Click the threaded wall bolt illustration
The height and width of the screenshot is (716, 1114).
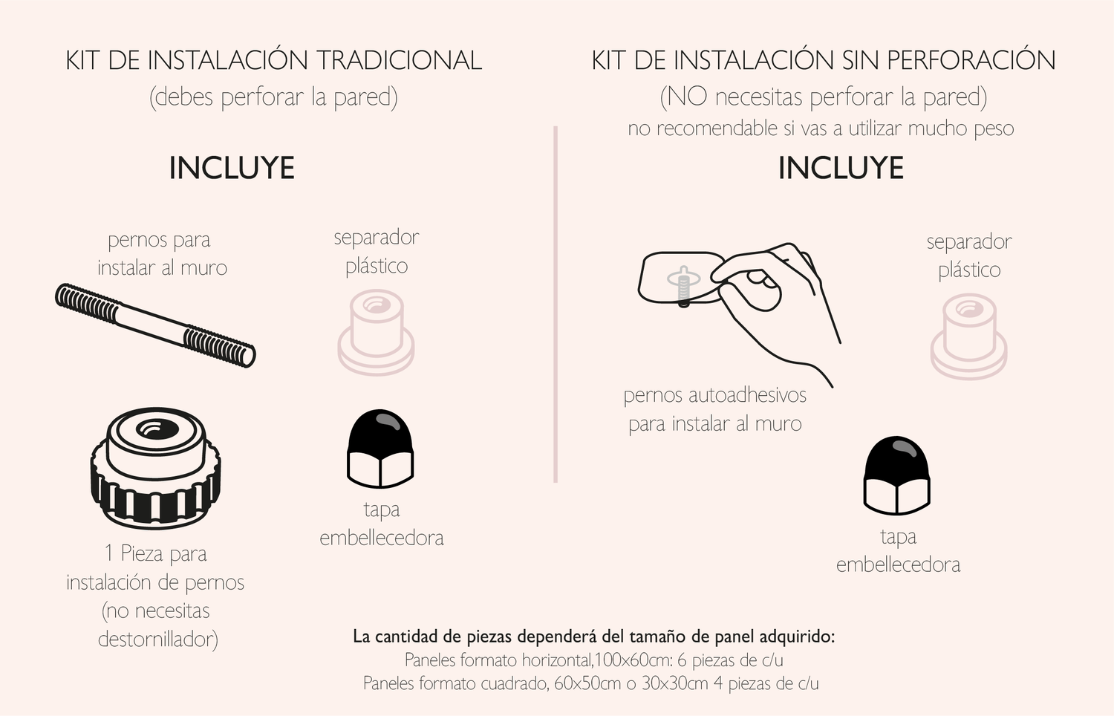[x=155, y=325]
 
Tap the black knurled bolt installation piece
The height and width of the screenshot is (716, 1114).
[x=156, y=469]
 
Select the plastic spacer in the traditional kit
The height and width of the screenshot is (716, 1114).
[x=376, y=332]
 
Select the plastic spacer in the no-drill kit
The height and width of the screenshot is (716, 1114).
[x=968, y=336]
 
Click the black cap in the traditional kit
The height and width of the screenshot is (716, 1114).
[x=380, y=448]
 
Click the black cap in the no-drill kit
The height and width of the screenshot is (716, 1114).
[x=897, y=475]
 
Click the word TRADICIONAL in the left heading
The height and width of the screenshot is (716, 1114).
[x=399, y=61]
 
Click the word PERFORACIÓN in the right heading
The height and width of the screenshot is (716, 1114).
[x=971, y=61]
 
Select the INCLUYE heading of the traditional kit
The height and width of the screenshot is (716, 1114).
[x=232, y=168]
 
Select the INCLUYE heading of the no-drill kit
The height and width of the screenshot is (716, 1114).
[x=841, y=168]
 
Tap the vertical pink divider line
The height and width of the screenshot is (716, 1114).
[x=556, y=305]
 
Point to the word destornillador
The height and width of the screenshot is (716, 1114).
[x=158, y=639]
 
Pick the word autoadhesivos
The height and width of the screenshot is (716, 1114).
[x=747, y=395]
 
